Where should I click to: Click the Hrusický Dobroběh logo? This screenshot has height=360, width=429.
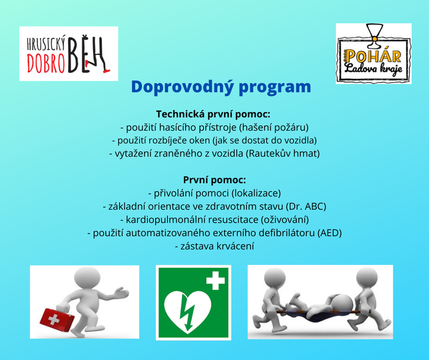[69, 53]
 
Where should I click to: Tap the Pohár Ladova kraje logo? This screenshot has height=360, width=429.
[374, 53]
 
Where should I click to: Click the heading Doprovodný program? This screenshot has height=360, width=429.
[221, 87]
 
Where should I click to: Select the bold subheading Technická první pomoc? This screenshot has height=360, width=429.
[213, 114]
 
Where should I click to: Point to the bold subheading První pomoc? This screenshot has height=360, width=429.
[214, 180]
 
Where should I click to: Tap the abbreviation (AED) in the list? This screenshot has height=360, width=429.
[330, 233]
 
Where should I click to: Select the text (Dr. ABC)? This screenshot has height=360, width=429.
[306, 207]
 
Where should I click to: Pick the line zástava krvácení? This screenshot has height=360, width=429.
[214, 246]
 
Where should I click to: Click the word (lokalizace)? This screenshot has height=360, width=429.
[256, 193]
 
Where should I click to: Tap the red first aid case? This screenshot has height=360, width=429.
[57, 320]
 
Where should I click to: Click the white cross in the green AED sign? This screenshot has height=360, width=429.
[216, 280]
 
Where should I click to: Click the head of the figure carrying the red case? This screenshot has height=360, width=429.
[88, 277]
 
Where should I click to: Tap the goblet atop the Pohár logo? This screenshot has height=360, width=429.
[374, 36]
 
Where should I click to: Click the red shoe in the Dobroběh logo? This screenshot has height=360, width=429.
[106, 71]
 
